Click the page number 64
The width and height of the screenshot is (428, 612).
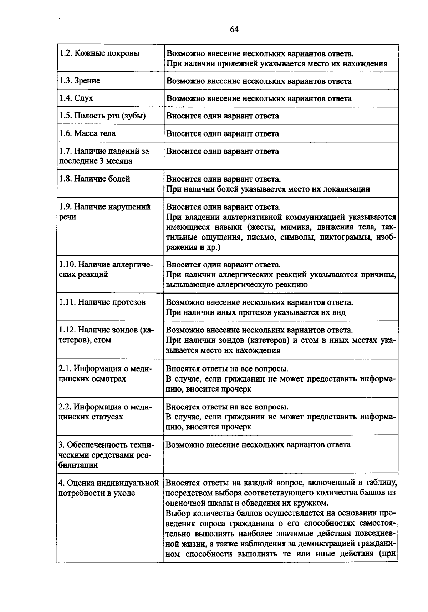coord(234,30)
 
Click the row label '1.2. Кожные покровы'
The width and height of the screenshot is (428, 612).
coord(99,53)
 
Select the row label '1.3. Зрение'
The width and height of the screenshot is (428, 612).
coord(80,81)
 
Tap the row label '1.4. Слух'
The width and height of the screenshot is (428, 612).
coord(76,98)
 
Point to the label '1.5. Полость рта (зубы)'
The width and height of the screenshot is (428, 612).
coord(102,116)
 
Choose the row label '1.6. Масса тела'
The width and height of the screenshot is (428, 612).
coord(87,133)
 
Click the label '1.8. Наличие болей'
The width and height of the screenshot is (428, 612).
coord(95,179)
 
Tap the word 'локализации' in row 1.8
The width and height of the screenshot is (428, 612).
coord(346,189)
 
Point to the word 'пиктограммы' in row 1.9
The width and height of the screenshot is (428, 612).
coord(346,237)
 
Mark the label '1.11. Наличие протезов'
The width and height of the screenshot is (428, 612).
coord(102,302)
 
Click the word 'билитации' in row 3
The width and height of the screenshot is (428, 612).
coord(78,465)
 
